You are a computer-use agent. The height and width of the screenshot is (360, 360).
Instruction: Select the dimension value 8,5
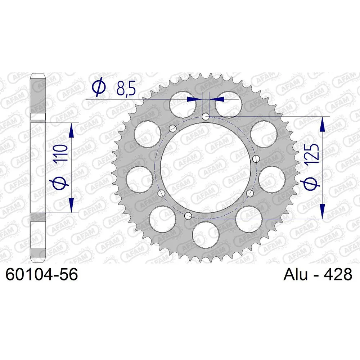126,89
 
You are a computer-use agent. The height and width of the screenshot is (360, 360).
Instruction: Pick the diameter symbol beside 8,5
98,89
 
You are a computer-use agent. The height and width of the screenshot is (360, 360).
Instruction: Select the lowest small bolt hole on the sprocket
187,216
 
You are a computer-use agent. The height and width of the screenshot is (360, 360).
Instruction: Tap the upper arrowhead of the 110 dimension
72,130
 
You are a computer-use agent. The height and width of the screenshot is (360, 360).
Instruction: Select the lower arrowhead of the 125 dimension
322,211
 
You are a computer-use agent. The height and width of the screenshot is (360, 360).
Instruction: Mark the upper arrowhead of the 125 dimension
322,124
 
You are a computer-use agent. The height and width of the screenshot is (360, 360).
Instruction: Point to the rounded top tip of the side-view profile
37,75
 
